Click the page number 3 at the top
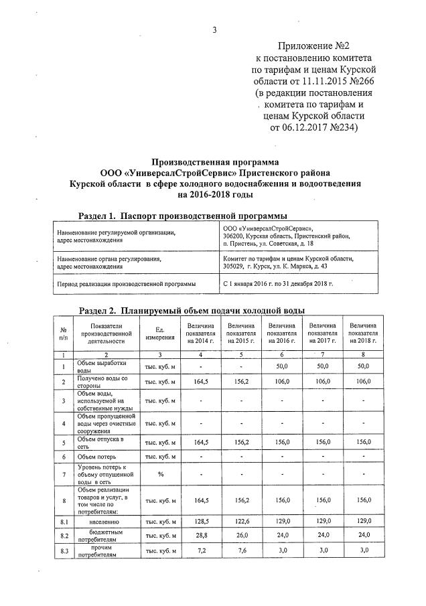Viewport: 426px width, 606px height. [x=214, y=11]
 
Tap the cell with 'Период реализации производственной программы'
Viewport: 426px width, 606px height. [x=127, y=284]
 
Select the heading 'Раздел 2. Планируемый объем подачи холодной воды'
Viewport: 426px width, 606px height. [x=192, y=311]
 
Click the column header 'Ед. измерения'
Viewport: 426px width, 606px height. [x=160, y=332]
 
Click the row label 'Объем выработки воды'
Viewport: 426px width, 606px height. [x=101, y=366]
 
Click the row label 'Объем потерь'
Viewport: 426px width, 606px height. [x=96, y=457]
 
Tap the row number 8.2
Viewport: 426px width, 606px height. [x=63, y=536]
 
